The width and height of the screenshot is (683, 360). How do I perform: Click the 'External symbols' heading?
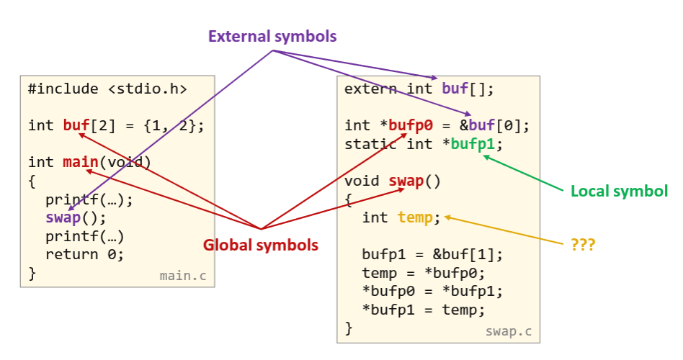coord(272,36)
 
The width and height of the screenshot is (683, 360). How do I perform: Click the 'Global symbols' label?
coord(260,245)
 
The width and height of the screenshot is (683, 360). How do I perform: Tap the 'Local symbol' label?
coord(619,192)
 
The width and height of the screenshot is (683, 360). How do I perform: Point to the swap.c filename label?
coord(508,331)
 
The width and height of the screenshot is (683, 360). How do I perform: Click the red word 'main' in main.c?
coord(81,162)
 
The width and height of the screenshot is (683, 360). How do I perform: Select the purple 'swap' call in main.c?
coord(63,217)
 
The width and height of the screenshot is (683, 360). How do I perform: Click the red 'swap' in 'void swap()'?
coord(406,180)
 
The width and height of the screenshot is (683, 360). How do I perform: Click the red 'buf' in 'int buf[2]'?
coord(76,125)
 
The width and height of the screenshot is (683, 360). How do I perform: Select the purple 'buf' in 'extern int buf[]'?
coord(454,89)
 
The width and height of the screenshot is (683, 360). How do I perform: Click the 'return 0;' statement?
coord(85,254)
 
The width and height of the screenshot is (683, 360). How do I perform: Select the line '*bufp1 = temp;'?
coord(424,310)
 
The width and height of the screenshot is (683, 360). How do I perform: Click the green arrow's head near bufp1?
coord(485,154)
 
